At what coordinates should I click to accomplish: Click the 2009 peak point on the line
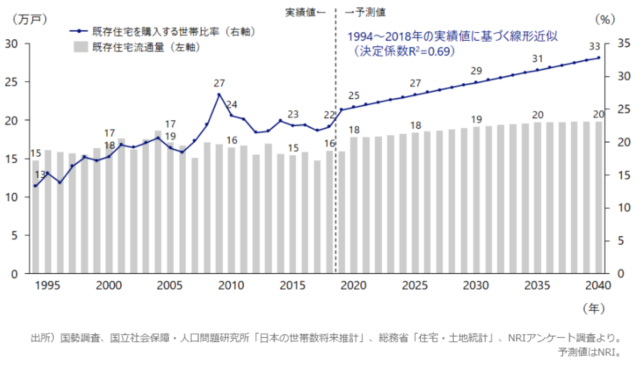pos(219,95)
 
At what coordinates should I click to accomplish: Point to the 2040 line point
pos(598,58)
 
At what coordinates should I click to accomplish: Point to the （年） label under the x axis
pos(593,308)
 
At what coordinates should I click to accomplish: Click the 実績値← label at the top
pos(306,12)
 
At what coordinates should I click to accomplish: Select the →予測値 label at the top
pos(365,12)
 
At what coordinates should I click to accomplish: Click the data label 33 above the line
pos(595,47)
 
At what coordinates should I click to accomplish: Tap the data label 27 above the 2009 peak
pos(219,83)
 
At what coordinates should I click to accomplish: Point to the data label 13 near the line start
pos(41,174)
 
